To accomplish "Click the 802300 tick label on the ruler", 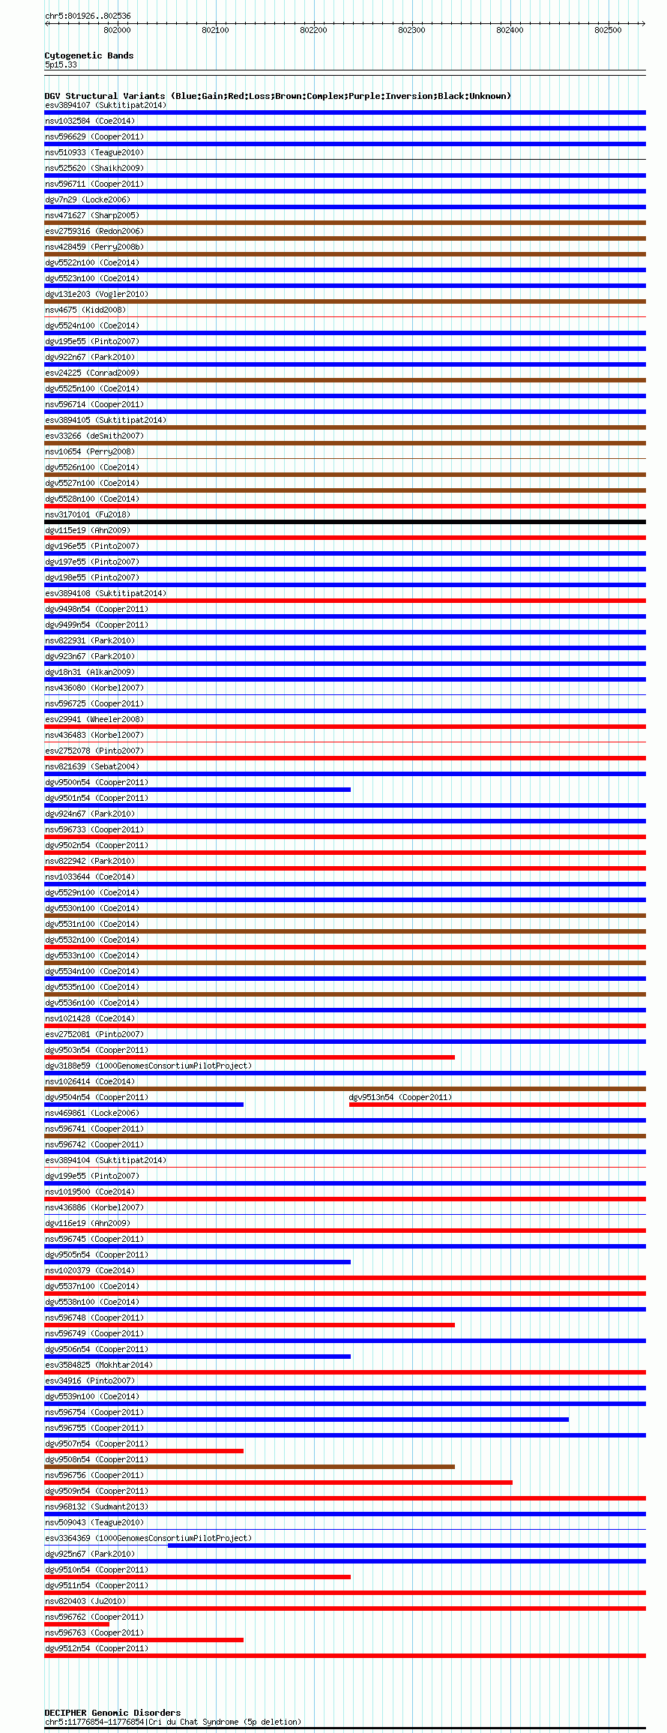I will click(411, 30).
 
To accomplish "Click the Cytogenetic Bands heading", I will click(88, 55).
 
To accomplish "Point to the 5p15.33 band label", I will click(61, 64).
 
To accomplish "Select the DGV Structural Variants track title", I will click(277, 96).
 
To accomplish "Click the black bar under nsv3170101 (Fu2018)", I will click(345, 522).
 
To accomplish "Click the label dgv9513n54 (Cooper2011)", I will click(400, 1097).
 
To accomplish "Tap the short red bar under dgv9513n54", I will click(497, 1105).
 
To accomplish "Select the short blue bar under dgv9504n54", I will click(144, 1105).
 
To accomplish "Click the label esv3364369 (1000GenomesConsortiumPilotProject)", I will click(148, 1538).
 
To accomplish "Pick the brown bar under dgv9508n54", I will click(250, 1467).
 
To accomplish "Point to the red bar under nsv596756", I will click(278, 1483).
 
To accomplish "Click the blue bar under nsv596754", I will click(307, 1420).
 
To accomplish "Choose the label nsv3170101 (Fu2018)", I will click(88, 514).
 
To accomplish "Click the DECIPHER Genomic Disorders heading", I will click(112, 1713).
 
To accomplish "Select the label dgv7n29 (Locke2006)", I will click(88, 199).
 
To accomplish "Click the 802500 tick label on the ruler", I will click(608, 30).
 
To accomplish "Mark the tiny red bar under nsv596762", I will click(76, 1624).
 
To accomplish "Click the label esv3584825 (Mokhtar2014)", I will click(99, 1365).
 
